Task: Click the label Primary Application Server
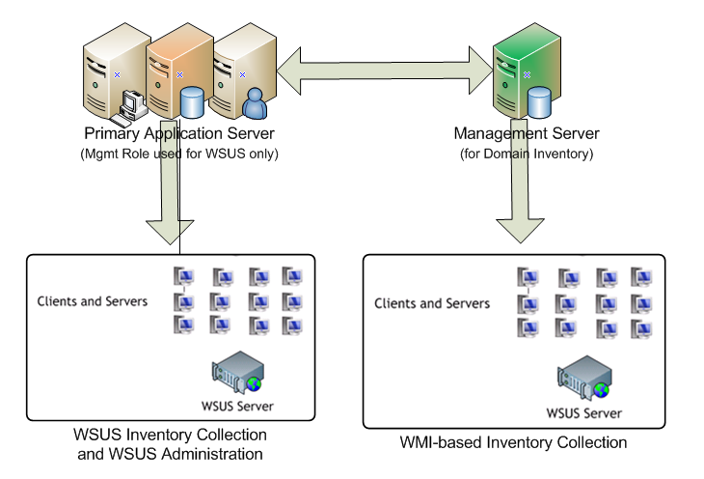(x=191, y=133)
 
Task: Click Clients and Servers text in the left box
(x=92, y=301)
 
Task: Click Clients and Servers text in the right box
(x=431, y=303)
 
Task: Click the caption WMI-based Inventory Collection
(x=513, y=443)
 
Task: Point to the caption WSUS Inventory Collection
(x=170, y=434)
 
